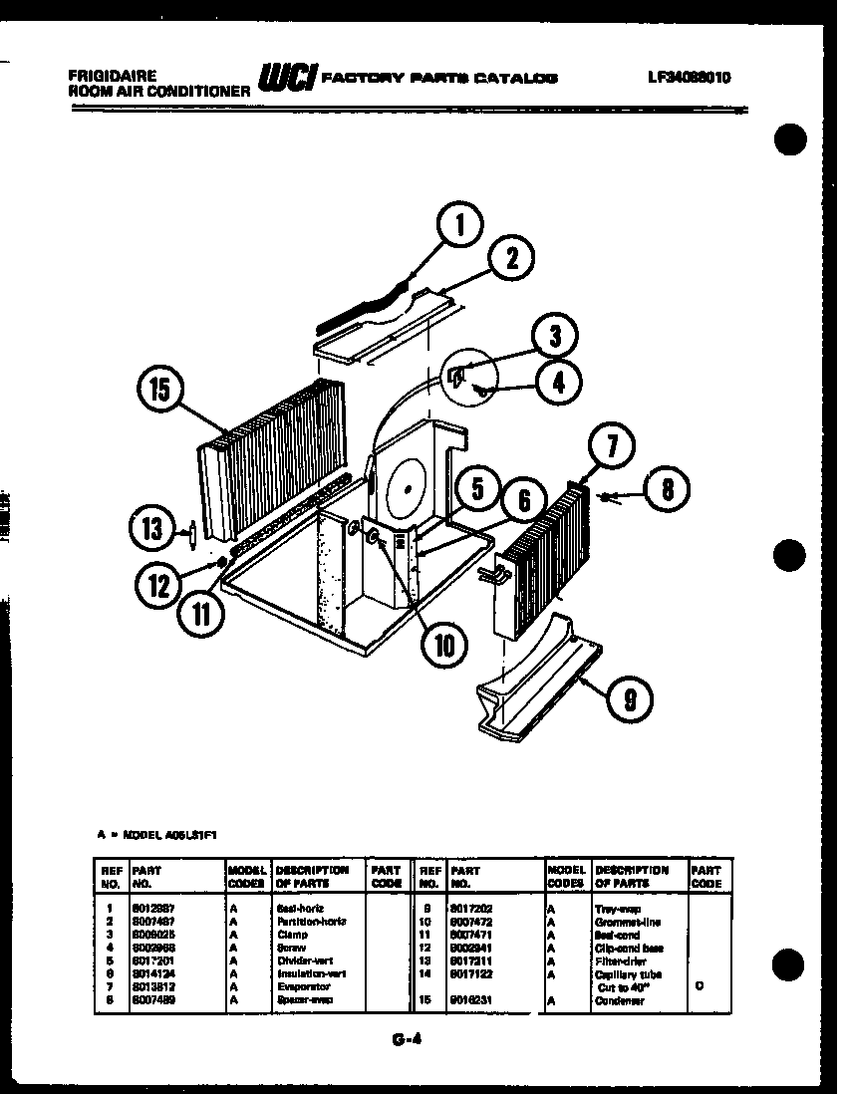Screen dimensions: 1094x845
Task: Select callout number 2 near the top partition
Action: [510, 260]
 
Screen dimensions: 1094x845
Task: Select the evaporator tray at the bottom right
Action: [537, 678]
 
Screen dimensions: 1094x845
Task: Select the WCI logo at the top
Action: [287, 78]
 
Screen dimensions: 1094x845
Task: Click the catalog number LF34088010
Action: [689, 76]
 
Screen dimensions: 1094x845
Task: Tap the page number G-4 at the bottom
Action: [403, 1040]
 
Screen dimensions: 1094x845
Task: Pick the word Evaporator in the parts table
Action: [300, 986]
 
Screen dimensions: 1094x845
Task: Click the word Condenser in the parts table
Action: [619, 999]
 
